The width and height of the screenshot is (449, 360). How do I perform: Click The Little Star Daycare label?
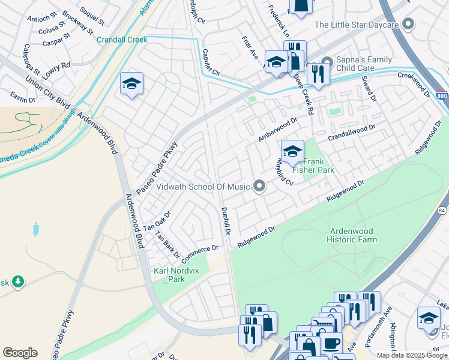point(357,25)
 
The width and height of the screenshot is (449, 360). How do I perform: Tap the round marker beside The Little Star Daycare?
point(409,24)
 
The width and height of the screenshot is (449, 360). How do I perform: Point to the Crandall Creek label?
point(122,40)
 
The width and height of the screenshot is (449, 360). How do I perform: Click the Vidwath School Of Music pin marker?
point(259,187)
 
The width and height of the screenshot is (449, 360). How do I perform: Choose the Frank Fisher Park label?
point(318,166)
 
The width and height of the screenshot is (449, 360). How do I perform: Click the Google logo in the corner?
point(20,353)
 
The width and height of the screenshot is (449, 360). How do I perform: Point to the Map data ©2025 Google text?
point(412,355)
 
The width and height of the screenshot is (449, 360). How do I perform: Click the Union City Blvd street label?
point(45,95)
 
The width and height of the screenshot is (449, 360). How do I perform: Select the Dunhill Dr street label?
point(226,220)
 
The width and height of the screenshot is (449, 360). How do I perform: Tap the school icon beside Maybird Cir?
point(292,151)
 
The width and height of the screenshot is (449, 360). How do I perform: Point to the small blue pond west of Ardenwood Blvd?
point(37,229)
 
